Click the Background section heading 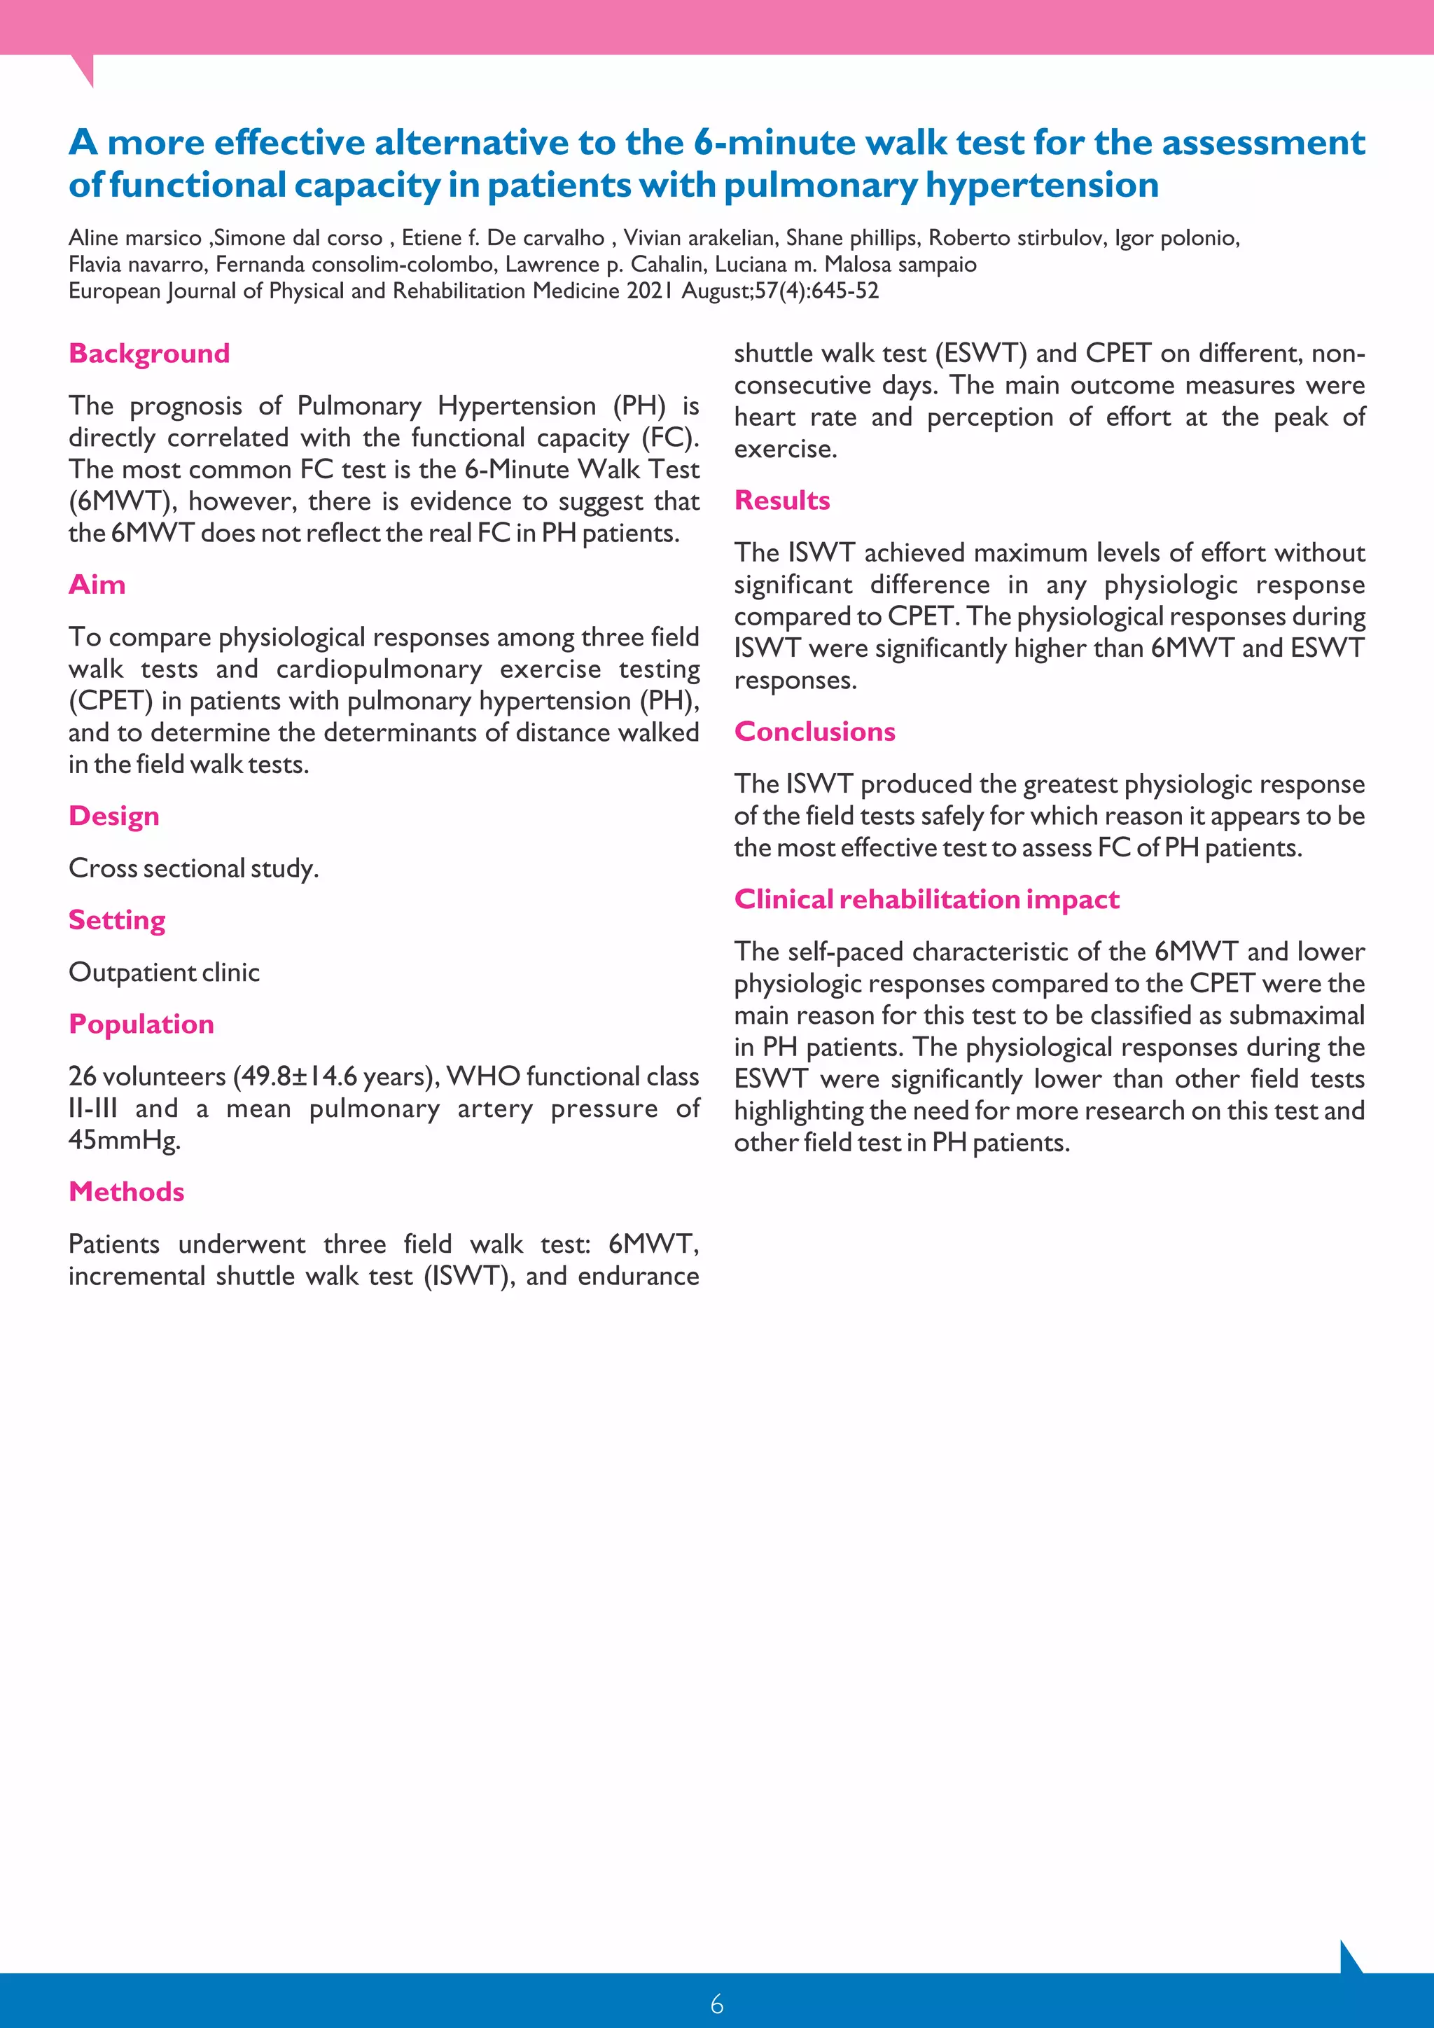tap(149, 354)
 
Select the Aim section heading tap(97, 585)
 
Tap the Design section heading tap(114, 816)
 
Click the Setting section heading tap(116, 920)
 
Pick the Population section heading tap(141, 1025)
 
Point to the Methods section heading tap(126, 1193)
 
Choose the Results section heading tap(781, 501)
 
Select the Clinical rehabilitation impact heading tap(926, 900)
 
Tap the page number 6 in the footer tap(716, 2004)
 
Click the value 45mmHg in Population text tap(124, 1140)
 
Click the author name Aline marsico tap(135, 239)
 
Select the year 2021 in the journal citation tap(649, 291)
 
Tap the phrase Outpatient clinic tap(165, 973)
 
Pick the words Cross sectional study tap(193, 868)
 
